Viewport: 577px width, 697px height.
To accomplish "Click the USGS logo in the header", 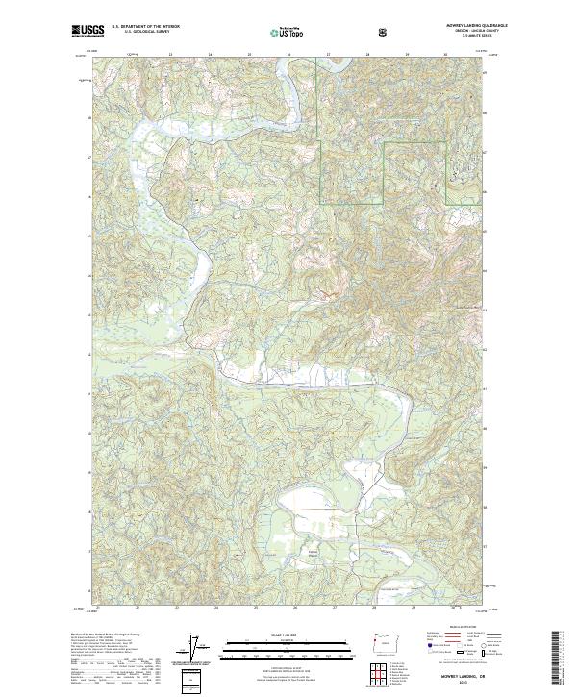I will pos(89,31).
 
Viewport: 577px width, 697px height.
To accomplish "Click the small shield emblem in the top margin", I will pos(383,31).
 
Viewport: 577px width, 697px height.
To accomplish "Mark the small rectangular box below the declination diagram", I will pos(195,682).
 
